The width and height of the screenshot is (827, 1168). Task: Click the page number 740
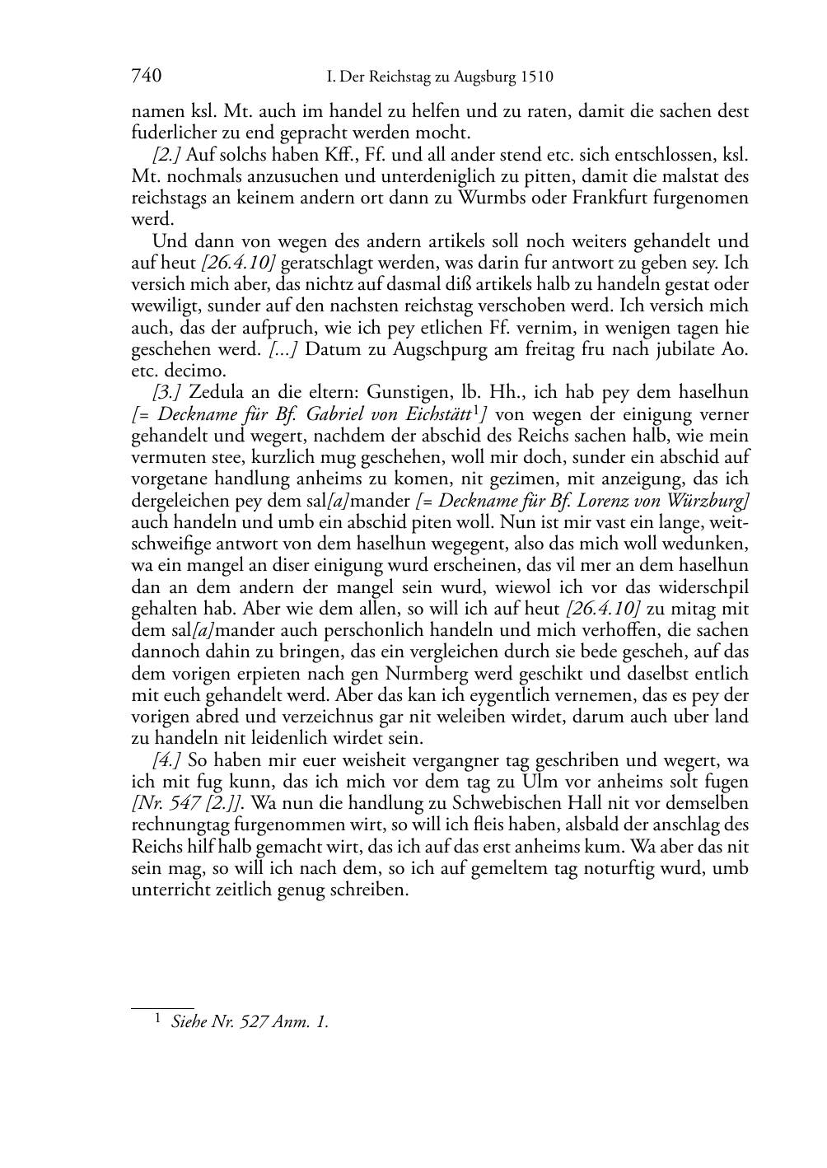146,77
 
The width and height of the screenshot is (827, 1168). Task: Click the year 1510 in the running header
535,78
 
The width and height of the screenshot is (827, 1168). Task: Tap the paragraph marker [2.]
167,156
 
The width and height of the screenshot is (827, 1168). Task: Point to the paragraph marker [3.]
167,392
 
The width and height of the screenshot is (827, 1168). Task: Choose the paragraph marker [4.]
168,760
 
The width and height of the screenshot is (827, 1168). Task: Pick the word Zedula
217,392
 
